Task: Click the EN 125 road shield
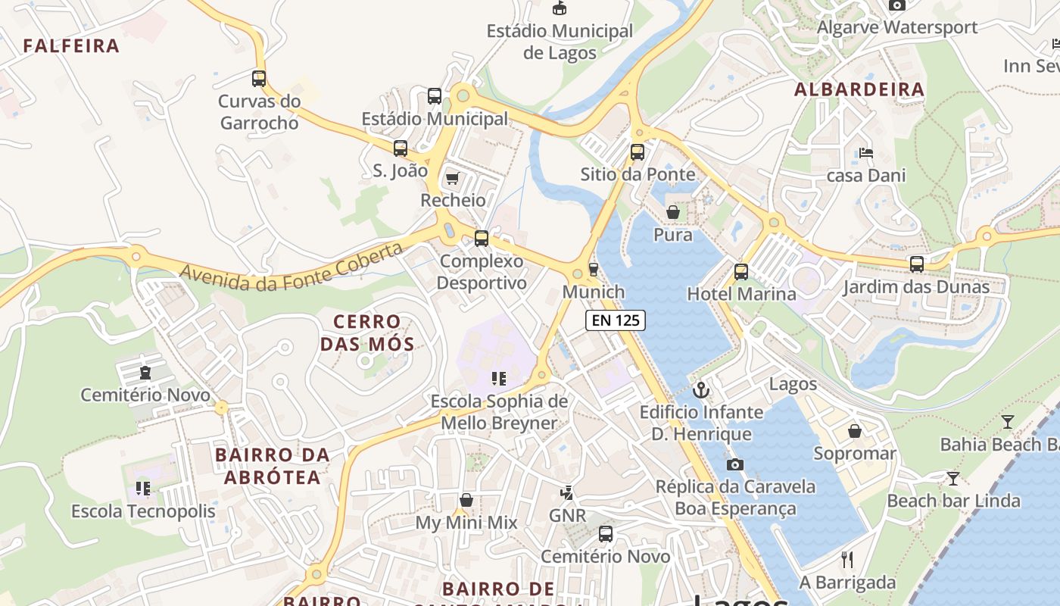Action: pos(616,320)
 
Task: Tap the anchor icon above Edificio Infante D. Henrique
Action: pos(702,391)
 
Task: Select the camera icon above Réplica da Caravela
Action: pos(734,464)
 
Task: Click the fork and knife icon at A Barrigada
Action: pos(847,560)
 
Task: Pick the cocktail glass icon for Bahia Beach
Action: pos(1007,422)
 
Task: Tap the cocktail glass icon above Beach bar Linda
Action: pos(952,479)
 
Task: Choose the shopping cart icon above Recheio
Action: pos(453,178)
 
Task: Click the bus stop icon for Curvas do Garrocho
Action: pos(259,78)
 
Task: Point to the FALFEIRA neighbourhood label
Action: pos(72,46)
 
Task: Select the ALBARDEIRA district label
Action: pos(859,89)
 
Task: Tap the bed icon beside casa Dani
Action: pos(866,153)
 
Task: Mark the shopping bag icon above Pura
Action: pos(673,212)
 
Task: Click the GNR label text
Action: pos(567,516)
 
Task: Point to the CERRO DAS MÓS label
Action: pos(367,333)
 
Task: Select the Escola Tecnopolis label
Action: pos(143,511)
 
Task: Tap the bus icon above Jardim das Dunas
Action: pos(917,264)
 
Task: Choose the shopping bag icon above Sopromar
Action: pos(855,431)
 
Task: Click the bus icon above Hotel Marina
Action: pos(741,271)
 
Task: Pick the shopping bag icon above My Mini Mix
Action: pos(466,501)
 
